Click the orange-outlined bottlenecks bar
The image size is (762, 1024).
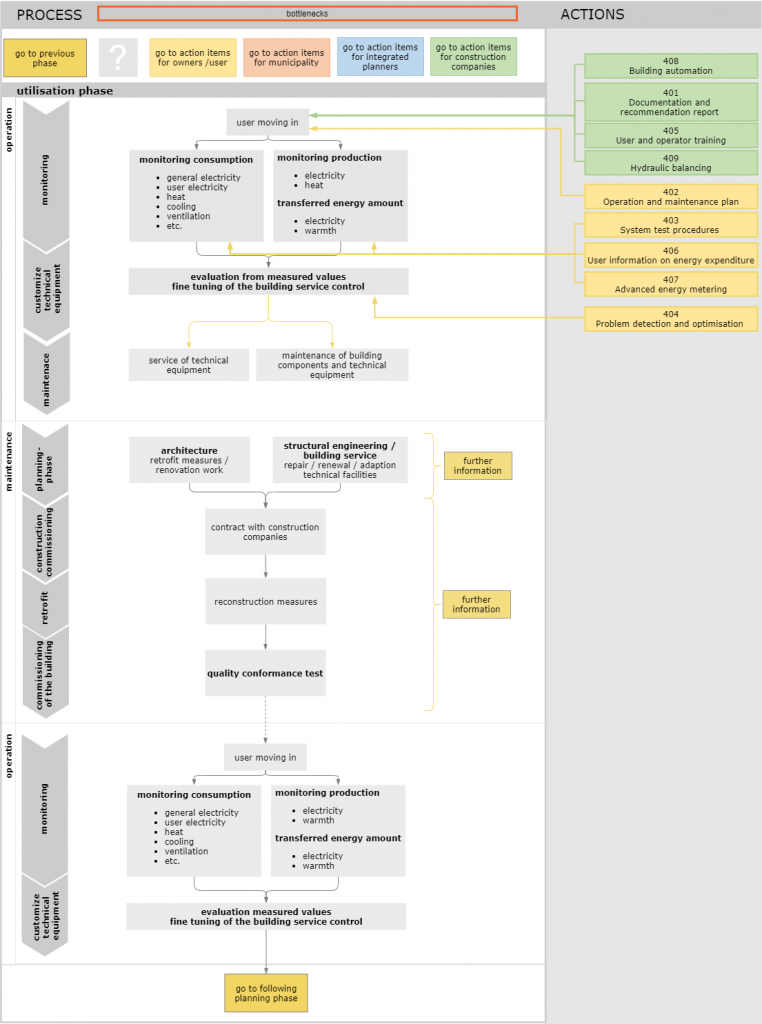coord(307,14)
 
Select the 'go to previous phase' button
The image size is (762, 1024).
coord(45,58)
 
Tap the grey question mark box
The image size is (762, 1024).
coord(118,58)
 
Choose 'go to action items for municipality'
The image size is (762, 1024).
coord(285,58)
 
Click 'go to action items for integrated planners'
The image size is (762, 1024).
coord(379,57)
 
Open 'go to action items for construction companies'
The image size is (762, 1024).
coord(473,57)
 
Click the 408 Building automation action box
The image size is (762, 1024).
coord(670,66)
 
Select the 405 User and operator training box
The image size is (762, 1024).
coord(670,136)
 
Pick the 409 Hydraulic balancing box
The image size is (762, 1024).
coord(670,163)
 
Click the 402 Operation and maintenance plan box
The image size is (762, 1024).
coord(670,197)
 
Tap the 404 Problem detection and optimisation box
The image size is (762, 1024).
coord(670,319)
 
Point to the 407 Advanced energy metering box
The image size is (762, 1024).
coord(670,285)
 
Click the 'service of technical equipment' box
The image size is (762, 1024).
coord(188,365)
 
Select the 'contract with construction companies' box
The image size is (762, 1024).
coord(265,532)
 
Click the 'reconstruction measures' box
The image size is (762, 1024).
coord(265,602)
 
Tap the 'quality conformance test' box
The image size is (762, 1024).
coord(265,673)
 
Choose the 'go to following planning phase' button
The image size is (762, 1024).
coord(265,994)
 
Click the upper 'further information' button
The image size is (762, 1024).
coord(477,466)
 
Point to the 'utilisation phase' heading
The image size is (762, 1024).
coord(65,91)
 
